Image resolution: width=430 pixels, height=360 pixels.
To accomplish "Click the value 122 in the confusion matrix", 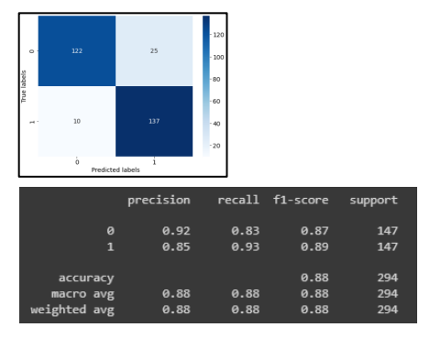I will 76,50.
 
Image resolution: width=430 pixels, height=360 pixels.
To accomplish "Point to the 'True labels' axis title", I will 25,87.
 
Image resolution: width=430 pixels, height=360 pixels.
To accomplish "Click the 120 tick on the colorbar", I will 218,34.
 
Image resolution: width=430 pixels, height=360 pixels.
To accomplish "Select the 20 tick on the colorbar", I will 217,146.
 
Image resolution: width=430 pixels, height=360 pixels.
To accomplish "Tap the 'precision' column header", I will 159,200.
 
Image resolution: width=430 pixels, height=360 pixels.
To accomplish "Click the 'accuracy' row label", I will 86,278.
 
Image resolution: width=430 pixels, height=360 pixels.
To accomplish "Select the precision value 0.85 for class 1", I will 176,247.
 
